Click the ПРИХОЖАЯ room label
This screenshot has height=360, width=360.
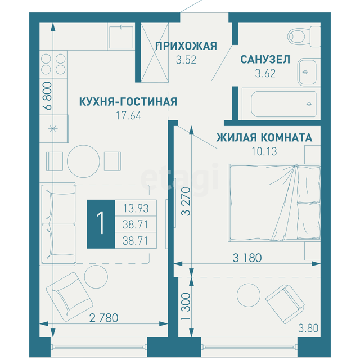coord(186,46)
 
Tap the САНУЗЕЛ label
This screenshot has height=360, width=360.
coord(265,60)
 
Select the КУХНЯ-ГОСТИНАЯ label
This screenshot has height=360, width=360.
coord(128,102)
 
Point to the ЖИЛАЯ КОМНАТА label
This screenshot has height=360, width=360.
coord(264,137)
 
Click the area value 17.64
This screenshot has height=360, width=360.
coord(128,115)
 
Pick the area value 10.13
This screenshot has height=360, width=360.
coord(264,151)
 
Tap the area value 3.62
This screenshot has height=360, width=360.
coord(265,74)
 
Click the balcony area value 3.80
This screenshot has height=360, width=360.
coord(308,328)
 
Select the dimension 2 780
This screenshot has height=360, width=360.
coord(103,318)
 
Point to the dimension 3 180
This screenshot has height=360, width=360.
coord(247,258)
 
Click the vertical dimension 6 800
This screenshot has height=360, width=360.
coord(48,96)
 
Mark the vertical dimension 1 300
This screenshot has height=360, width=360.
coord(186,306)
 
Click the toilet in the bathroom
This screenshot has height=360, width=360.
coord(304,36)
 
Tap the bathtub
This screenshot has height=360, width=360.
coord(281,104)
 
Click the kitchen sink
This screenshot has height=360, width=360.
coord(121,37)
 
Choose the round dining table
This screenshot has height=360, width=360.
coord(84,161)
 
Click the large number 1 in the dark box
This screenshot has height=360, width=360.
coord(101,223)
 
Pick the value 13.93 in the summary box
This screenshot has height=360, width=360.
coord(136,208)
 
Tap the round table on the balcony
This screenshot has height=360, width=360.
coord(249,295)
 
